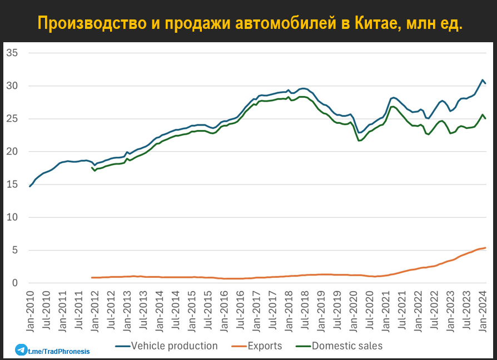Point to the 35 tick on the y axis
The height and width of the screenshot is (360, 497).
click(12, 53)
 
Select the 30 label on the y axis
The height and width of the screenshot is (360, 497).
click(12, 86)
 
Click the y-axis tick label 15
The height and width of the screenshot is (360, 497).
click(12, 184)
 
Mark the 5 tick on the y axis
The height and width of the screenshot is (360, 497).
click(15, 250)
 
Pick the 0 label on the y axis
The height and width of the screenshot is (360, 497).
click(15, 283)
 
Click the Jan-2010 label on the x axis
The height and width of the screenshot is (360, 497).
click(30, 311)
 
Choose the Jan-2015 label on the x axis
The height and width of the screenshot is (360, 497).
click(192, 311)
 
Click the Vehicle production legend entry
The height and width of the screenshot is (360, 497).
click(174, 346)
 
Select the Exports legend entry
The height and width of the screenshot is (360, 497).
click(265, 346)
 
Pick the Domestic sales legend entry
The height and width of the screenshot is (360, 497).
click(347, 346)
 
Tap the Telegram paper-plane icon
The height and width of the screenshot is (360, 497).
click(21, 351)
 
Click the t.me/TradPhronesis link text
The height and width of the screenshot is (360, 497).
click(59, 351)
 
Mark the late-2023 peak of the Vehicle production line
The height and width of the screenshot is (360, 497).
click(483, 80)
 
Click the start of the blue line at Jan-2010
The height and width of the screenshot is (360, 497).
click(30, 186)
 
